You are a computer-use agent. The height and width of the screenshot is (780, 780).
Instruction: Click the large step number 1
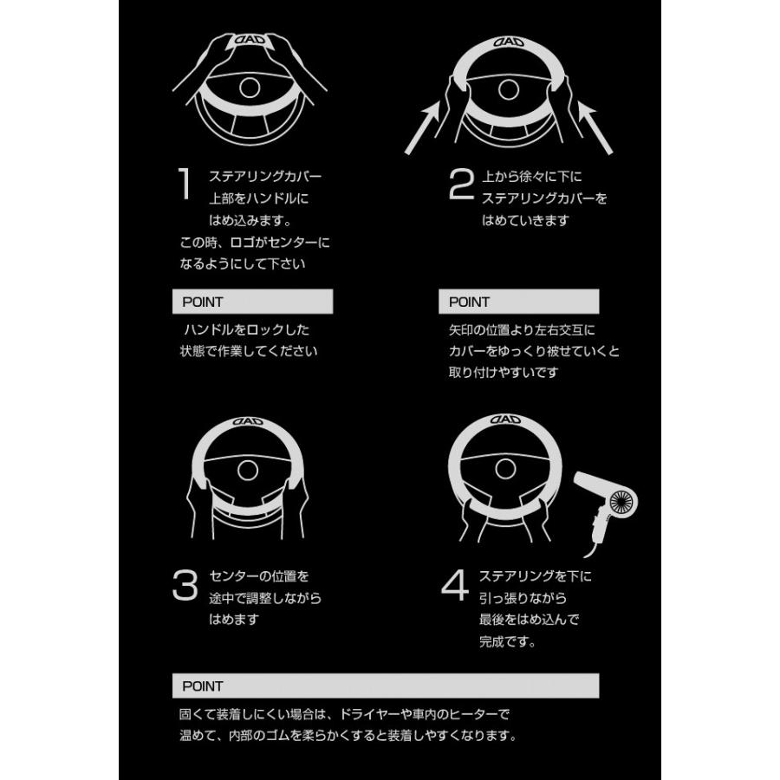[x=184, y=185]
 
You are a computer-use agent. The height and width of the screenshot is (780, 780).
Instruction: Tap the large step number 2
[x=461, y=185]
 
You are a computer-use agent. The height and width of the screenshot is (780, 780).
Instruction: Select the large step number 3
[x=185, y=586]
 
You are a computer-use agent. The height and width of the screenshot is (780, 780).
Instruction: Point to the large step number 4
[x=455, y=586]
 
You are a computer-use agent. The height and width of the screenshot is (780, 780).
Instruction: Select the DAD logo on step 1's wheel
[x=250, y=41]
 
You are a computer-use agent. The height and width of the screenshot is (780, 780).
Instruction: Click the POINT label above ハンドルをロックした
[x=203, y=302]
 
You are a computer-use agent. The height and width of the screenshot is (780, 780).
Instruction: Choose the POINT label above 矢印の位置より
[x=469, y=302]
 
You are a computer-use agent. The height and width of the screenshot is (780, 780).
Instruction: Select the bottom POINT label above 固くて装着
[x=203, y=686]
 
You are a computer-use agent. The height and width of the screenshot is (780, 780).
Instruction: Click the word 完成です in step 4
[x=506, y=643]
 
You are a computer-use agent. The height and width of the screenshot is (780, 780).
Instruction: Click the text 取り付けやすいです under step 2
[x=504, y=373]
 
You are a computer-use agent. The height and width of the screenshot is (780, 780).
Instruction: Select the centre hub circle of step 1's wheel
[x=250, y=87]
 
